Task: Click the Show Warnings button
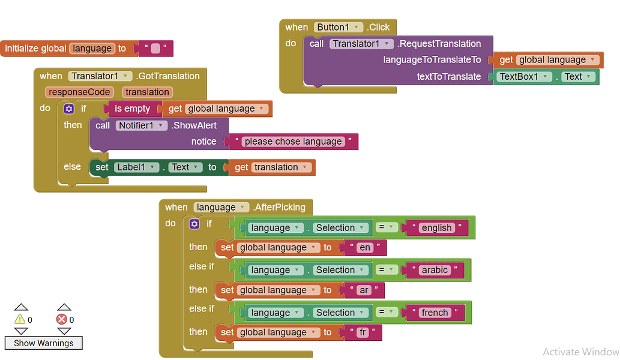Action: click(44, 343)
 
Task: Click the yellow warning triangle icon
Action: click(20, 320)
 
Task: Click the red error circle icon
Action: click(62, 320)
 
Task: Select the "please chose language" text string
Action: click(293, 142)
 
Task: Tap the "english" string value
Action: click(436, 227)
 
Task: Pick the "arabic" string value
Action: click(435, 270)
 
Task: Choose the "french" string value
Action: click(435, 313)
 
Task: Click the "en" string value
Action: click(365, 248)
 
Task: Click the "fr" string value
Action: click(363, 332)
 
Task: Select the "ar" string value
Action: click(364, 290)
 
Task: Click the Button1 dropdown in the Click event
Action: click(339, 27)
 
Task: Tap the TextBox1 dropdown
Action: click(523, 77)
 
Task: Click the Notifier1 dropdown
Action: click(141, 125)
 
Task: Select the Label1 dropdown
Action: click(136, 167)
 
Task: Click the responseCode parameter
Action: click(79, 92)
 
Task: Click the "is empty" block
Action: click(132, 109)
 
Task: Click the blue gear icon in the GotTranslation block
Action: click(69, 109)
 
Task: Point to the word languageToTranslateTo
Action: click(432, 60)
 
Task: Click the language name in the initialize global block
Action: click(92, 49)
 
